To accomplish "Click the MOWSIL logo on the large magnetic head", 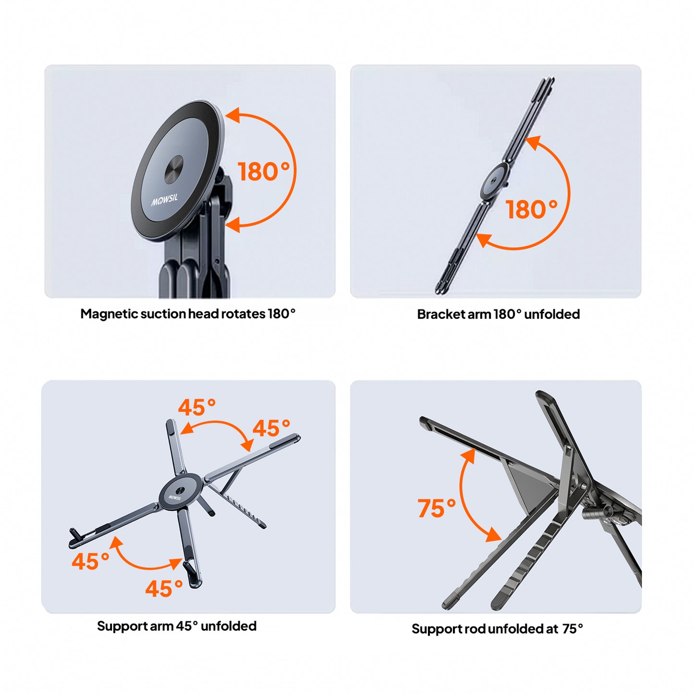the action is pos(164,199).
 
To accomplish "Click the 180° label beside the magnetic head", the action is pos(264,171).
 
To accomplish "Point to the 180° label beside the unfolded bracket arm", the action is pos(532,209).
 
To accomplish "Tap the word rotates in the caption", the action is pos(243,314).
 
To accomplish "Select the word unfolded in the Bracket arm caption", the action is pos(552,314).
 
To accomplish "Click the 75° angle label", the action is pos(437,508).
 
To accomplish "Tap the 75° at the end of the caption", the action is pos(572,629).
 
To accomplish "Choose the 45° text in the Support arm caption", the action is pos(187,626).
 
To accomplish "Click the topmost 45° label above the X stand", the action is pos(197,407).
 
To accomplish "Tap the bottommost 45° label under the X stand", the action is pos(164,588).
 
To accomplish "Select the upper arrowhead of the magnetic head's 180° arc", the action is pos(232,114).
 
